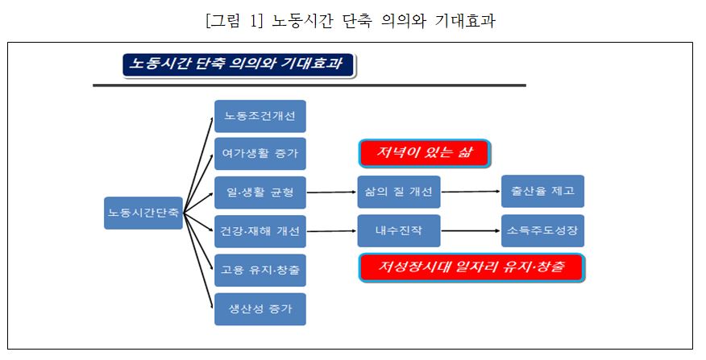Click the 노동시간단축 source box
point(143,213)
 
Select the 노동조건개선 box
point(260,116)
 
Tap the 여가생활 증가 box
point(260,154)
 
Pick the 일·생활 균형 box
point(260,192)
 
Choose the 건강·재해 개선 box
point(260,231)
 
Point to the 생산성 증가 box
point(260,308)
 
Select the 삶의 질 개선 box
point(399,192)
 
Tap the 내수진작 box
point(399,231)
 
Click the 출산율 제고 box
point(542,192)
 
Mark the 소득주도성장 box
point(542,231)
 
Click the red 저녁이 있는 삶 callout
point(425,153)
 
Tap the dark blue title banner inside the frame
point(239,65)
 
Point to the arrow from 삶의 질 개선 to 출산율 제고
point(471,192)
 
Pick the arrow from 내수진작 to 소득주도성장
point(471,231)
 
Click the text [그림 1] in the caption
point(235,19)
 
